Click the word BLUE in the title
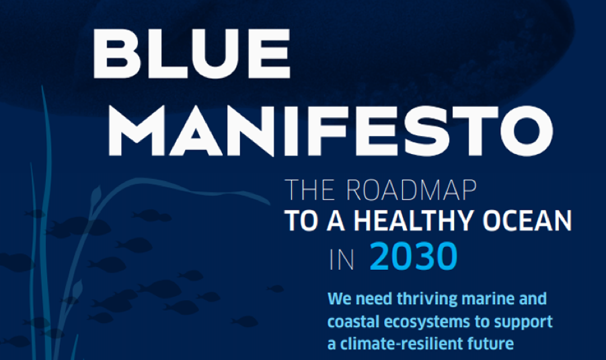(x=191, y=54)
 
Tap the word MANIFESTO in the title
(x=331, y=131)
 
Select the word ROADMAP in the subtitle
(x=411, y=190)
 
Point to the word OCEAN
(x=527, y=221)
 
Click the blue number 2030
(x=414, y=256)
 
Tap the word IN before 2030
(x=342, y=260)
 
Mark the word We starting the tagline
(x=340, y=299)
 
